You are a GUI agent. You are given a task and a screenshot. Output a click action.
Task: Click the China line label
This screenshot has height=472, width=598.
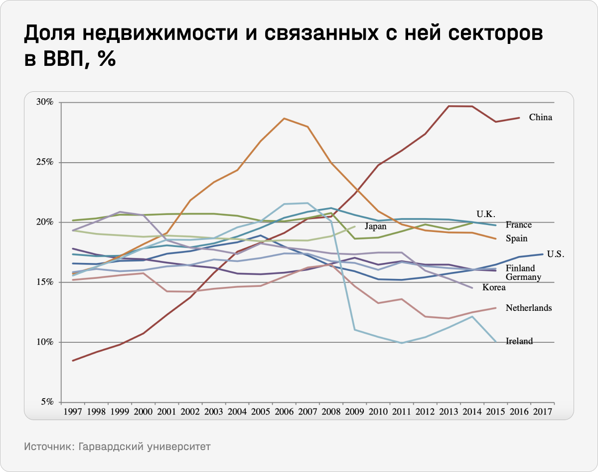(x=541, y=118)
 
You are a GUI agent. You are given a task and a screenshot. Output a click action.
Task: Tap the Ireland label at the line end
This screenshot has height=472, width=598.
(x=519, y=341)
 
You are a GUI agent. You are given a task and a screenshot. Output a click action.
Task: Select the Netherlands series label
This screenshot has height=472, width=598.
(x=528, y=308)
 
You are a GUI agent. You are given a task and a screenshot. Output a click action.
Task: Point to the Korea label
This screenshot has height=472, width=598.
(x=494, y=287)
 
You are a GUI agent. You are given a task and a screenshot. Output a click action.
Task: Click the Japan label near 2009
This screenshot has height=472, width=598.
(x=375, y=226)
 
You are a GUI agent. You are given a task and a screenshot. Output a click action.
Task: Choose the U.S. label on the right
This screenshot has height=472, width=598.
(x=555, y=254)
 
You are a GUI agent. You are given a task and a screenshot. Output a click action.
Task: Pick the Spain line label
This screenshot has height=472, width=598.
(x=516, y=238)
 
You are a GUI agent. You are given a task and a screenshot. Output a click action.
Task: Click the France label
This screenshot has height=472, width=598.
(x=518, y=225)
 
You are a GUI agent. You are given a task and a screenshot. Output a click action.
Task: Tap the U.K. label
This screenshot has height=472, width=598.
(x=485, y=214)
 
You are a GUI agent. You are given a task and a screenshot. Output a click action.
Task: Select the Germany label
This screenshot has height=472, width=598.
(x=523, y=277)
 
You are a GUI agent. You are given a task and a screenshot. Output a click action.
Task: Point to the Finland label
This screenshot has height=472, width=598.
(x=520, y=268)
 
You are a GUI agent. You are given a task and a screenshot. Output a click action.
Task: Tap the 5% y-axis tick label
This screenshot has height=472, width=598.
(x=47, y=402)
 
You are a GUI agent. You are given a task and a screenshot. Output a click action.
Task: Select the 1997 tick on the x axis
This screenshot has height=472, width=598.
(x=73, y=412)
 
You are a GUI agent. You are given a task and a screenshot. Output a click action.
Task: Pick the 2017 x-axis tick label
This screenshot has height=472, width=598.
(x=542, y=412)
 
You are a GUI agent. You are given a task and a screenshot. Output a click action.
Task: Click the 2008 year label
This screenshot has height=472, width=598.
(x=331, y=412)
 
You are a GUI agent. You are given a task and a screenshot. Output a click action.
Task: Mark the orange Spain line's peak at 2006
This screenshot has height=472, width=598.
(x=284, y=118)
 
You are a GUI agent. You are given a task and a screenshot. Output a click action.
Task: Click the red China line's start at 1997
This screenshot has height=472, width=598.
(x=73, y=360)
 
